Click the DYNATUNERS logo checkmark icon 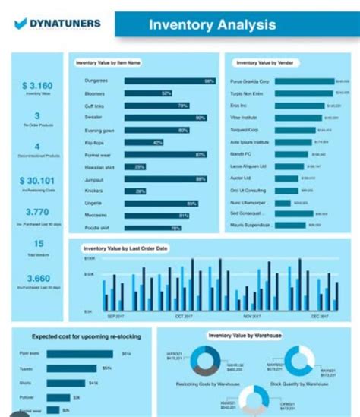click(21, 24)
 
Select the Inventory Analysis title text click(212, 25)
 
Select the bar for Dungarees click(169, 81)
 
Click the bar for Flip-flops click(144, 143)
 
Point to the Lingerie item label click(95, 204)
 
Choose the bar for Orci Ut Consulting click(288, 191)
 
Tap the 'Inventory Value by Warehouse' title click(245, 335)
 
